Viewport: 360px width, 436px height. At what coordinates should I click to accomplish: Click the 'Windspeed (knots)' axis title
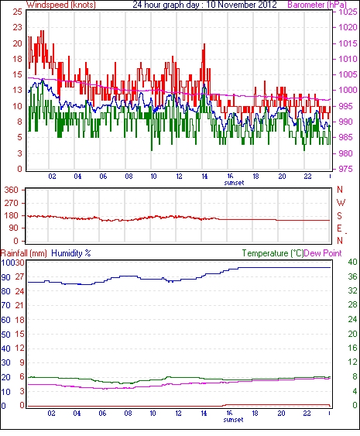pos(61,5)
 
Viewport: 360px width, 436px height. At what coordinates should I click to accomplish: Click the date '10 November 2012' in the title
pos(242,5)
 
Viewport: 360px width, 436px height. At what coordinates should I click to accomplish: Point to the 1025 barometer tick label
pos(348,12)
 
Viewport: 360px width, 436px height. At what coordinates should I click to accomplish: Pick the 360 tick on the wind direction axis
pos(12,191)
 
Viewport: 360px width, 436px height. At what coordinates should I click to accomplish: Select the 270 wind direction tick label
pos(12,203)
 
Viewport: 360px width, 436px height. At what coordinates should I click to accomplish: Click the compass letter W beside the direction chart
pos(341,203)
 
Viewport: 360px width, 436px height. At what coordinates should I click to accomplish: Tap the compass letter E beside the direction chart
pos(339,228)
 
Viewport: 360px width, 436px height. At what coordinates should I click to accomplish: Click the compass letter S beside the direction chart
pos(339,215)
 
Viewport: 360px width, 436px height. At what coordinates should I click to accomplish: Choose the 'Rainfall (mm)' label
pos(24,253)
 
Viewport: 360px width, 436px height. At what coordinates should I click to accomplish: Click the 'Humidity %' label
pos(71,253)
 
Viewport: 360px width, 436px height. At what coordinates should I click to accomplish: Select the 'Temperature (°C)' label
pos(273,253)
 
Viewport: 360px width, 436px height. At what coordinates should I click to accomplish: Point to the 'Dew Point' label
pos(323,253)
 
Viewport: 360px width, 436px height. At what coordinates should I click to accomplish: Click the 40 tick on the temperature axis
pos(352,262)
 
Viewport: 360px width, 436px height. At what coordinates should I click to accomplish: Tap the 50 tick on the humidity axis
pos(5,335)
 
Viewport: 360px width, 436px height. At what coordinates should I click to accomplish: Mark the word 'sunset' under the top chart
pos(234,183)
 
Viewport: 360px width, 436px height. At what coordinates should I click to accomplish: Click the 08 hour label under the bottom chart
pos(128,414)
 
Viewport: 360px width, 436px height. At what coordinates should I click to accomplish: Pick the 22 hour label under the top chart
pos(307,177)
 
